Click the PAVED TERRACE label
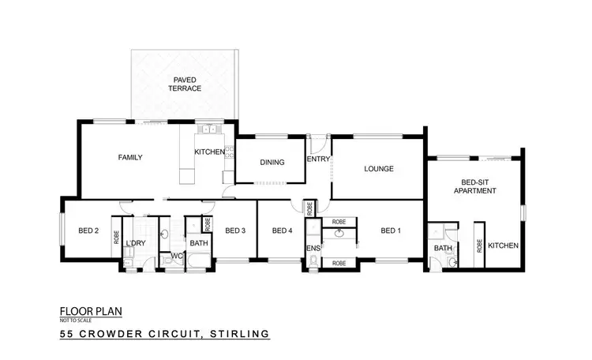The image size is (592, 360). click(x=184, y=84)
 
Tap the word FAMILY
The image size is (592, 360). click(x=130, y=157)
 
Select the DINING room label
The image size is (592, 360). click(x=272, y=163)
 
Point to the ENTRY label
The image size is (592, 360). click(x=318, y=159)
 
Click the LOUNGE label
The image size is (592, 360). click(x=379, y=168)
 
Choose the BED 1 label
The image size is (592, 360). click(x=391, y=231)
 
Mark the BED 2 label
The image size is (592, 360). click(x=88, y=231)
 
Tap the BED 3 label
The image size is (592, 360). click(x=236, y=231)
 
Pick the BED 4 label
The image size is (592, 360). click(x=282, y=231)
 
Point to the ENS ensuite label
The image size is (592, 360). click(x=313, y=247)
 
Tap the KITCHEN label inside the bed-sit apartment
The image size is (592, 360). click(x=503, y=246)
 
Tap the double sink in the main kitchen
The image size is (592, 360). click(x=207, y=130)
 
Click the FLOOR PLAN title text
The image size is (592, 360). click(x=91, y=310)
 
